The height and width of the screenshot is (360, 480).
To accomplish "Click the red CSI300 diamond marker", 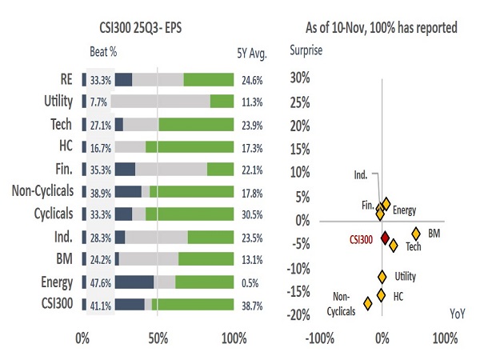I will tap(385, 238).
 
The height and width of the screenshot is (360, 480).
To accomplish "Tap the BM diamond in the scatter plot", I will tap(416, 233).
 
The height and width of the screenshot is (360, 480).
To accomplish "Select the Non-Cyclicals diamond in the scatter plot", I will tap(368, 303).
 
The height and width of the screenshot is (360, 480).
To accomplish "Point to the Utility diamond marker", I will tap(382, 277).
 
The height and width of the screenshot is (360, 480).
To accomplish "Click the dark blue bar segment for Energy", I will tap(134, 282).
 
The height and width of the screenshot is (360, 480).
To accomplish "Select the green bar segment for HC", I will tap(190, 146).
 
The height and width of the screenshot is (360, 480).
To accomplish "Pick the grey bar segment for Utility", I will tap(160, 102).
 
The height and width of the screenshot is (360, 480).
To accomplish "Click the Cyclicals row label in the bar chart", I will tap(42, 214).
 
